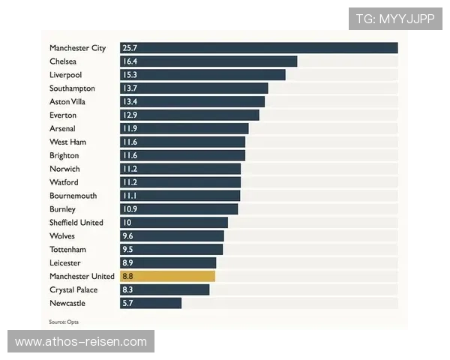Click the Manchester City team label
[78, 48]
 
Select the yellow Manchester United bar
[167, 276]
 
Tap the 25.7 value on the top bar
[130, 48]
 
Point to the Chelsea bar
[208, 61]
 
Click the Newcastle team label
[67, 303]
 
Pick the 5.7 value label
[128, 303]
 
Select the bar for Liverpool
[202, 75]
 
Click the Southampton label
[73, 88]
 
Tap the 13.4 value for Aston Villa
[130, 102]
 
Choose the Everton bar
[190, 115]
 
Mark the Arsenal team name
[62, 128]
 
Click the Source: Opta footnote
[64, 322]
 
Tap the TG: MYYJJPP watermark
[395, 19]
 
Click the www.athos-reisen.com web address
[81, 342]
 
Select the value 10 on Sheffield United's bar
[127, 223]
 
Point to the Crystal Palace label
[73, 289]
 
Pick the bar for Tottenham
[171, 249]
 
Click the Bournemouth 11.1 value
[129, 196]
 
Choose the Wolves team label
[62, 235]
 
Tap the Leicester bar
[168, 262]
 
